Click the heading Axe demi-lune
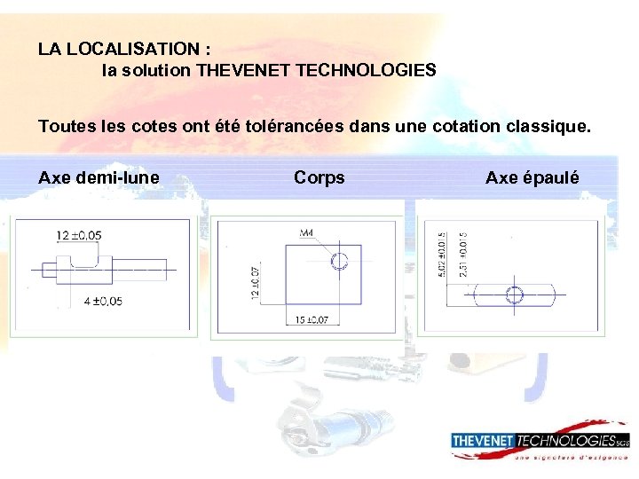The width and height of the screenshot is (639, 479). point(99,178)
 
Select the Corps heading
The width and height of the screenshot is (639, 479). point(319,178)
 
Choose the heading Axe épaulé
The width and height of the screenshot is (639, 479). point(532,178)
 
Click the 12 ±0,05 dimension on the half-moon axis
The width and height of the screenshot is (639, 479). point(78,235)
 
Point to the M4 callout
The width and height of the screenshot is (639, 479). point(306,233)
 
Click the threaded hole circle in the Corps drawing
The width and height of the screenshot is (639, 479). point(338,261)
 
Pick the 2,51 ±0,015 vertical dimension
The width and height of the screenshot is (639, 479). point(463,255)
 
